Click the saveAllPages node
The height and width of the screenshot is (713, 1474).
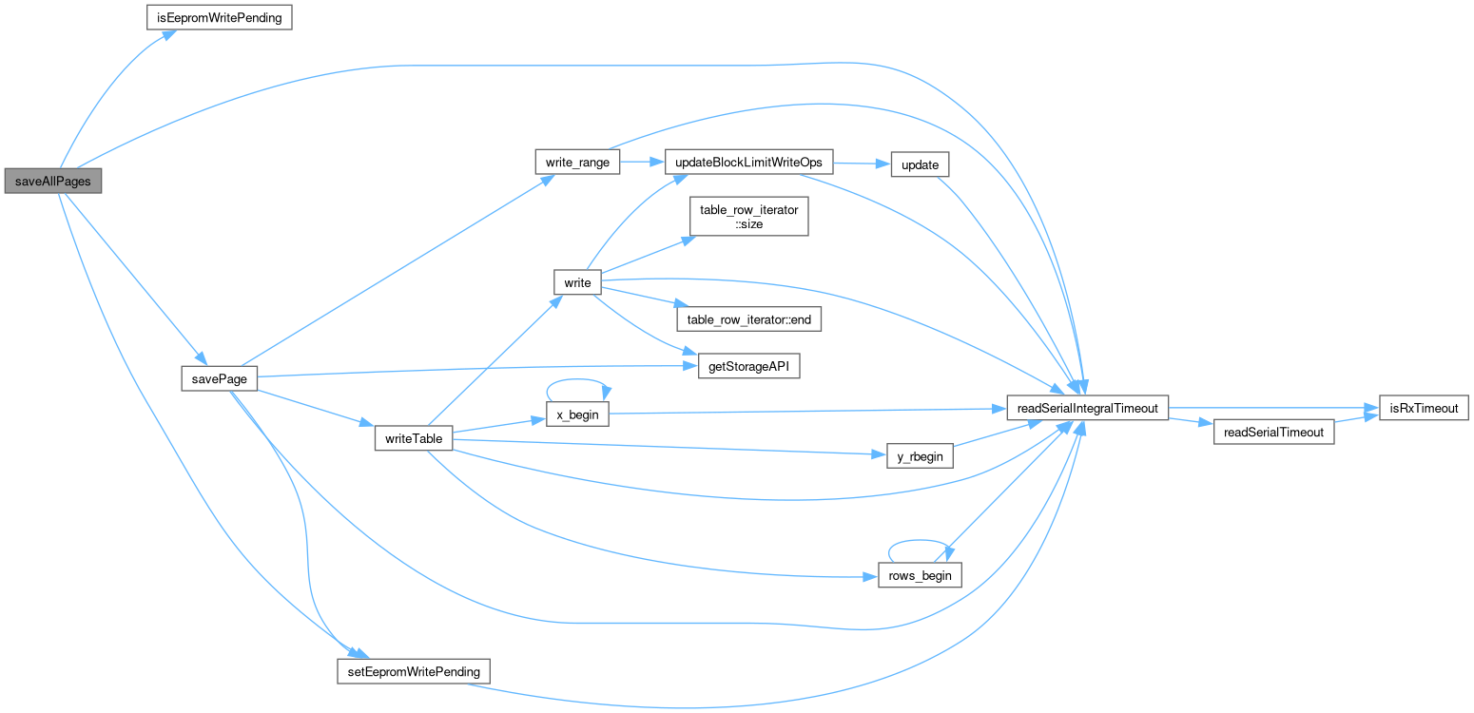pyautogui.click(x=51, y=180)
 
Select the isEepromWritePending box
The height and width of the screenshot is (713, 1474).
pyautogui.click(x=219, y=18)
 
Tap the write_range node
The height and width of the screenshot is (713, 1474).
pyautogui.click(x=577, y=163)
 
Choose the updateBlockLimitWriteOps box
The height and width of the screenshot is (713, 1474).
pyautogui.click(x=749, y=163)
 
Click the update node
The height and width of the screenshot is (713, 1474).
pyautogui.click(x=920, y=164)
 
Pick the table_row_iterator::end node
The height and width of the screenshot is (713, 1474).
pyautogui.click(x=747, y=319)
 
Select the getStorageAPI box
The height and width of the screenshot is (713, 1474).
pyautogui.click(x=748, y=367)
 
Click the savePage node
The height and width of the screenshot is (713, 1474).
pyautogui.click(x=220, y=378)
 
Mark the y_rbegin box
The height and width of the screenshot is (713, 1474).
pyautogui.click(x=920, y=456)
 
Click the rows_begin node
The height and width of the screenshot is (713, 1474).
pyautogui.click(x=920, y=575)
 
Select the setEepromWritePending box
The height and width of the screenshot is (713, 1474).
pyautogui.click(x=414, y=670)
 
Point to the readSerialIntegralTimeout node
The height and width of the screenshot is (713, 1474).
pyautogui.click(x=1087, y=408)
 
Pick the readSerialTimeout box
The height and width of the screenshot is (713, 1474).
pyautogui.click(x=1273, y=432)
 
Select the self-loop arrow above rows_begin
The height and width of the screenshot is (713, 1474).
pyautogui.click(x=920, y=541)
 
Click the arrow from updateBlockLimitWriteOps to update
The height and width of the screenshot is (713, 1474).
pyautogui.click(x=861, y=164)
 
